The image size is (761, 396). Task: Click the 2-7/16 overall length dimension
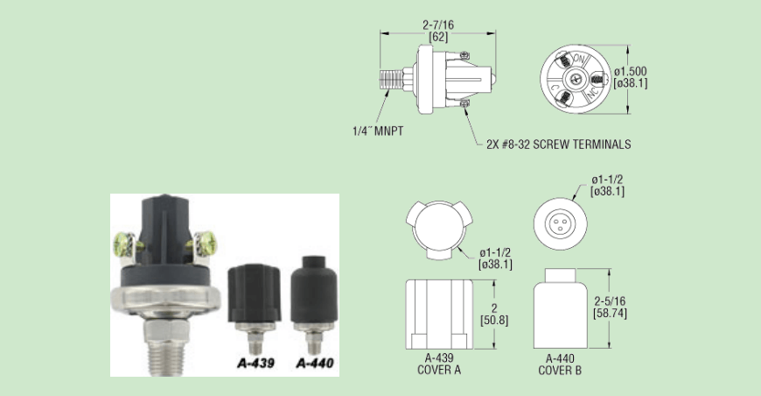438,31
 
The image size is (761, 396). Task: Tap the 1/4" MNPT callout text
378,131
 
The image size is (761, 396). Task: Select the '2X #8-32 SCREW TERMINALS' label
559,145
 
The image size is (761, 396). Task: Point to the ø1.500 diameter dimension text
631,77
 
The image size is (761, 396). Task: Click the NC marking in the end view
592,93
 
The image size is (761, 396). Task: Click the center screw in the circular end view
576,79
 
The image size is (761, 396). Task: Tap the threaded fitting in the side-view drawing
391,79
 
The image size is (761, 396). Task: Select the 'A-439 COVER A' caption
439,364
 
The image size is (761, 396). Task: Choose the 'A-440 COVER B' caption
560,364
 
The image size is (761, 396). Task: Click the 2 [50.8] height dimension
494,315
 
